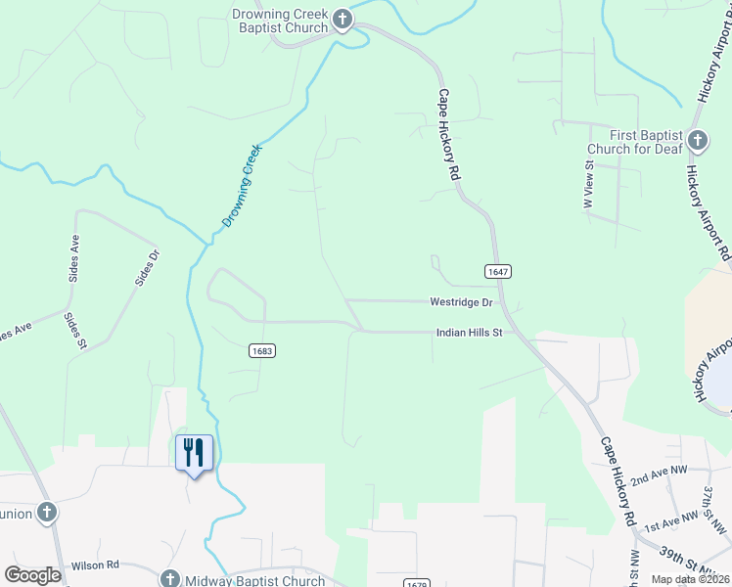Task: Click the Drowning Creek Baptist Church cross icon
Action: (343, 20)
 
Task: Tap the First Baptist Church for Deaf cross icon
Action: (698, 140)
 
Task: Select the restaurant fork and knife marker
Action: (194, 452)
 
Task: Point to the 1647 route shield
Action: (498, 271)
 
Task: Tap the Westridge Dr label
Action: (460, 302)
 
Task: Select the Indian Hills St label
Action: (468, 333)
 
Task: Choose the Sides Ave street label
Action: (73, 258)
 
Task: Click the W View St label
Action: (589, 185)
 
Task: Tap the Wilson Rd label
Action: (95, 565)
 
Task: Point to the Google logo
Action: (32, 575)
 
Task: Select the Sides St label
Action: (75, 330)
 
